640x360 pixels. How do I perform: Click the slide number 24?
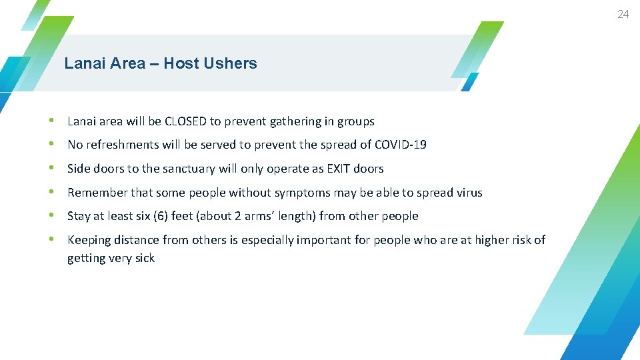(623, 14)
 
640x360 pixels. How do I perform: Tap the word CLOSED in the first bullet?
(185, 121)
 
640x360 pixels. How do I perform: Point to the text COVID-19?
(401, 145)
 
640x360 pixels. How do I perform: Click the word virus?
(469, 193)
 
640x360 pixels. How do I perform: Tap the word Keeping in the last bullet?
(89, 240)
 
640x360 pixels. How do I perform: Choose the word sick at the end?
(144, 258)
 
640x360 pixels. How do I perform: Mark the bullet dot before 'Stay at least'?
(52, 216)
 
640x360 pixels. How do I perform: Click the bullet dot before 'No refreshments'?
(52, 145)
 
